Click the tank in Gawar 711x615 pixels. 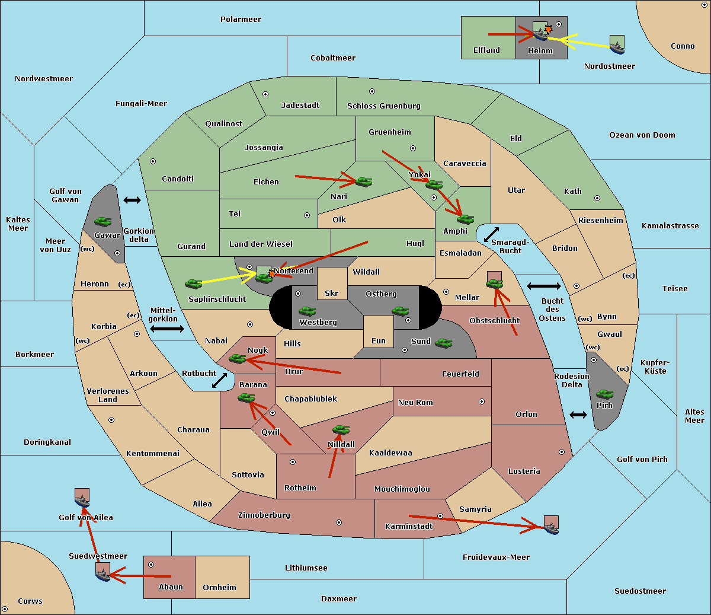coord(103,221)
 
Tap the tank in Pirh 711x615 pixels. coord(604,394)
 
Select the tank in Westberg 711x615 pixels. coord(307,311)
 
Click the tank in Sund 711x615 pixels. coord(443,343)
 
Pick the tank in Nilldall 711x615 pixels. coord(341,430)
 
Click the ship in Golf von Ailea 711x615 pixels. coord(82,501)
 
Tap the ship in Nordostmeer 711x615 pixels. coord(617,48)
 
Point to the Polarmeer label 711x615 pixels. coord(241,20)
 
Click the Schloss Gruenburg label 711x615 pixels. coord(384,106)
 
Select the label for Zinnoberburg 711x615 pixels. coord(264,515)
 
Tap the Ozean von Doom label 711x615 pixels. coord(642,135)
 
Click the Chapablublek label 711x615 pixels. coord(310,399)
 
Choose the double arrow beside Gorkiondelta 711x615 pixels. coord(132,200)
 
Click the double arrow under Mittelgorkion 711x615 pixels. coord(167,329)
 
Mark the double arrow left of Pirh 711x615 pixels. coord(578,415)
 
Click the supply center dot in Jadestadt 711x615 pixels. coord(265,94)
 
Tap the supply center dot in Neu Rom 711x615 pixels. coord(482,401)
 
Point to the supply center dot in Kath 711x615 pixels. coord(597,198)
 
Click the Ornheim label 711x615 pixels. coord(219,587)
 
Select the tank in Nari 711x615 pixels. coord(363,181)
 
